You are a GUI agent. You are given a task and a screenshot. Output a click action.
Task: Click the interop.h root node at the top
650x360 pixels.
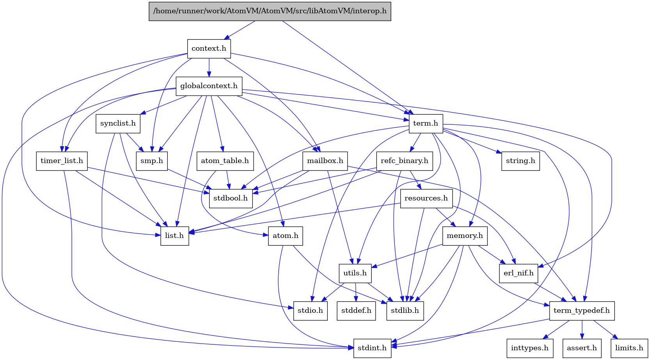point(270,11)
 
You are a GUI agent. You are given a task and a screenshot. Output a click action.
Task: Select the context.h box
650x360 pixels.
point(209,48)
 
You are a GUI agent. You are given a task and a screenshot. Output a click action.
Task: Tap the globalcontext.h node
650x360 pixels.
point(209,86)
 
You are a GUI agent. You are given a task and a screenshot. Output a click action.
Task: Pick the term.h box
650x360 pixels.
point(425,123)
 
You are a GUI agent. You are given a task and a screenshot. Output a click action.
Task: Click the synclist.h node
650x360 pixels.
point(118,123)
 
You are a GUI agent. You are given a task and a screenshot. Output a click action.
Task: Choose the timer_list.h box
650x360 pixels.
point(62,161)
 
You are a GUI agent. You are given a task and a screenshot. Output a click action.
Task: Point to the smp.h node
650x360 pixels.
point(152,161)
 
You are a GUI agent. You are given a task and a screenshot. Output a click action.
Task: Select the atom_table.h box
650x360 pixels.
point(225,161)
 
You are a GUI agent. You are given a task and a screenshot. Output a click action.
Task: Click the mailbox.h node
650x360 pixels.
point(325,161)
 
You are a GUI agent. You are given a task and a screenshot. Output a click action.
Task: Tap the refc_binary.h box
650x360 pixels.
point(404,161)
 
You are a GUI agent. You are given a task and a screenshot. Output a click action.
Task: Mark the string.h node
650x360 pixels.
point(520,161)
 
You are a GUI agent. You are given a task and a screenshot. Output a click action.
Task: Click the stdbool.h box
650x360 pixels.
point(231,198)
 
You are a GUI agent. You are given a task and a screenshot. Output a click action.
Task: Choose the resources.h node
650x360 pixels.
point(426,198)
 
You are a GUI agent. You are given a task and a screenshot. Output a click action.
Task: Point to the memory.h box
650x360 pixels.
point(465,236)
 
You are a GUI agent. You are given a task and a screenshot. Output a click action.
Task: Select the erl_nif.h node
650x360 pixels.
point(519,273)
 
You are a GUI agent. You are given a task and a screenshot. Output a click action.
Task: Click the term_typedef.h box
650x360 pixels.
point(581,310)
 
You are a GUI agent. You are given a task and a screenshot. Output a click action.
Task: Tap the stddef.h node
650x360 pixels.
point(356,310)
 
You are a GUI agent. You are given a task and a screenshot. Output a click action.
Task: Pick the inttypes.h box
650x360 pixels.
point(529,348)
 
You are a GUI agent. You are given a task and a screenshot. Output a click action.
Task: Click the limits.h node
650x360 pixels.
point(629,348)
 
